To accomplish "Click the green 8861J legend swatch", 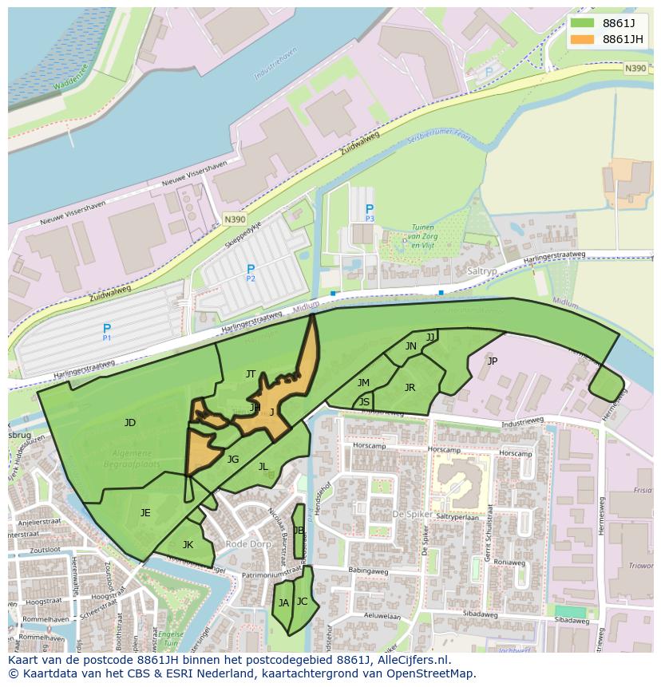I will (583, 23).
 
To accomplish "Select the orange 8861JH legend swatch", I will (583, 39).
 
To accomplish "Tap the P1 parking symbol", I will (107, 329).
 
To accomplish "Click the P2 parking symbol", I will (251, 270).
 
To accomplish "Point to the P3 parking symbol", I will (370, 211).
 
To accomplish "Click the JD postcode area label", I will (129, 422).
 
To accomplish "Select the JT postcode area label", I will (251, 373).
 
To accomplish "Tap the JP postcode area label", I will (492, 361).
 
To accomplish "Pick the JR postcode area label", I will (410, 387).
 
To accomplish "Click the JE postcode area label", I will (145, 512).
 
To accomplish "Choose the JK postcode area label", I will (188, 544).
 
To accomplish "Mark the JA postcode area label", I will (283, 602).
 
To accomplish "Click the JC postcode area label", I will (302, 601).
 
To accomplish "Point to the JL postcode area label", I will (263, 466).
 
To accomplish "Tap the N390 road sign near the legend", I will (635, 69).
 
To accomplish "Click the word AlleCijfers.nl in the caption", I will (408, 660).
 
